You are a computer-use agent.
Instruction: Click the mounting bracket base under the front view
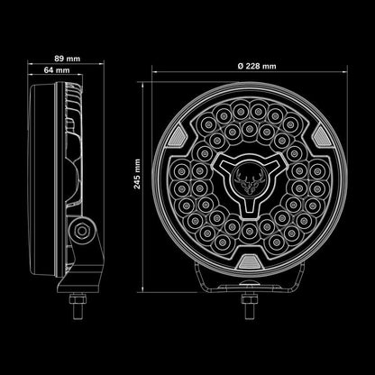tap(247, 288)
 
